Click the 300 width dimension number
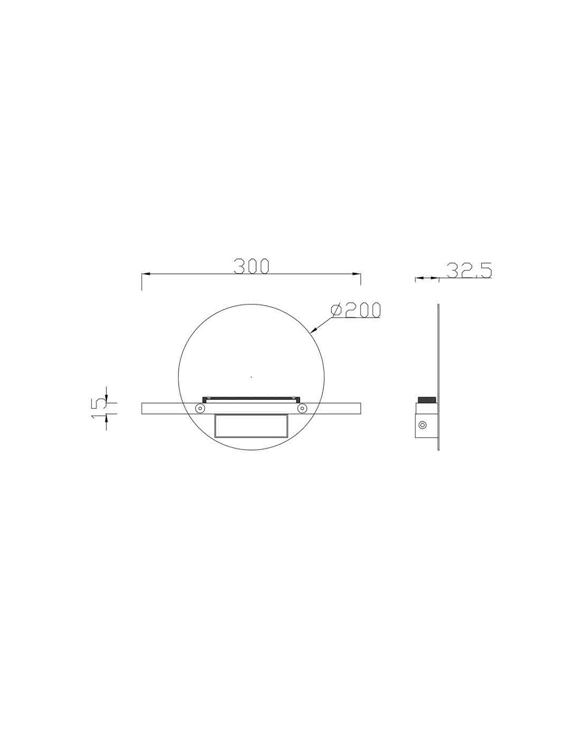point(252,266)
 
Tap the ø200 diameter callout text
point(356,310)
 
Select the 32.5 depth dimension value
point(469,270)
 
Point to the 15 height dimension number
point(99,408)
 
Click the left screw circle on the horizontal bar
point(200,408)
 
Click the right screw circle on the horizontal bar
point(302,408)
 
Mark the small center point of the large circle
point(251,377)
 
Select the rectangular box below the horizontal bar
point(251,425)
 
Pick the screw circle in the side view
point(422,425)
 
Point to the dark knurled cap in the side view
point(427,399)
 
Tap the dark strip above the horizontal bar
point(251,397)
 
